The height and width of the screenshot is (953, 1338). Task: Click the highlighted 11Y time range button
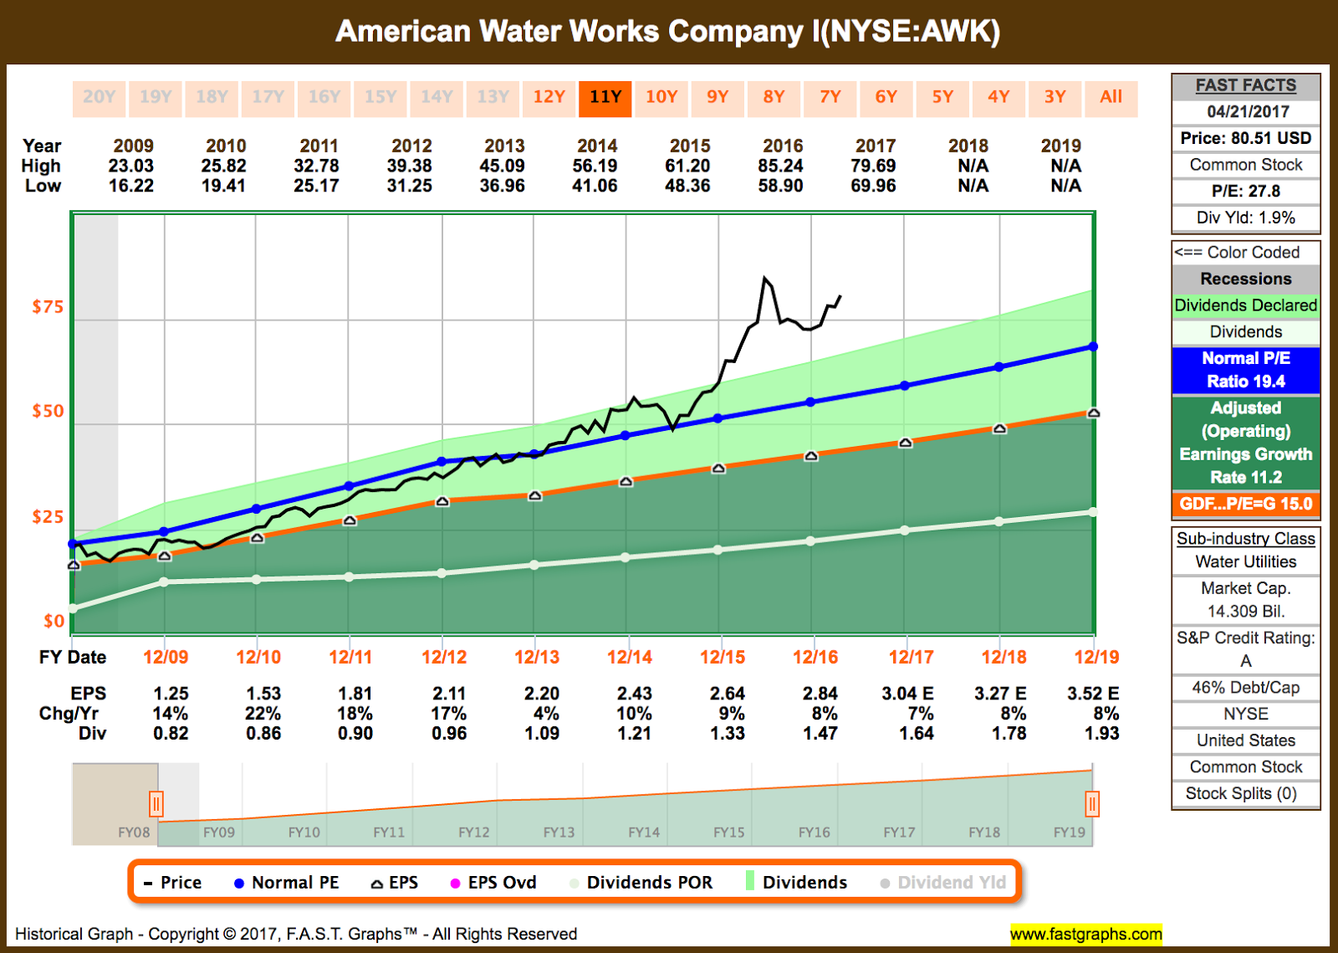pos(605,97)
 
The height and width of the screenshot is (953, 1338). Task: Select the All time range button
pos(1111,97)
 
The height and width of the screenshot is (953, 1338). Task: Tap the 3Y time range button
pos(1055,97)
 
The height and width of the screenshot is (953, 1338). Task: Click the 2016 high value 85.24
pos(780,166)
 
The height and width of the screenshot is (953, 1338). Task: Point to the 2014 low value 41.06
pos(595,186)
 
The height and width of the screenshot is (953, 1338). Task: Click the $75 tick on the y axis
pos(48,307)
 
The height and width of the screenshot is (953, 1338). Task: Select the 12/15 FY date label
pos(723,657)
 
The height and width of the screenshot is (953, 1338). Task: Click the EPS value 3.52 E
pos(1093,694)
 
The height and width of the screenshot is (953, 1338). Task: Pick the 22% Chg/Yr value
pos(263,714)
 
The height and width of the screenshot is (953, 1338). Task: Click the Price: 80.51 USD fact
pos(1245,138)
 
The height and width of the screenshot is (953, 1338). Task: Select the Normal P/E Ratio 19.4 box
pos(1245,370)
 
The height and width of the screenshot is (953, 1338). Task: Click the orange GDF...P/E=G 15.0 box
pos(1245,504)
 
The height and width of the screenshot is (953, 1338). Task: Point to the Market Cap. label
pos(1245,588)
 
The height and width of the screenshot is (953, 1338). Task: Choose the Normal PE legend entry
pos(286,883)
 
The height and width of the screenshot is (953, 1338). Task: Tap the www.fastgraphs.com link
pos(1085,934)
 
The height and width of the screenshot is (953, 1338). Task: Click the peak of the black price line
pos(764,278)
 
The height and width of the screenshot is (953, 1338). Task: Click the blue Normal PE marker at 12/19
pos(1093,346)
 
